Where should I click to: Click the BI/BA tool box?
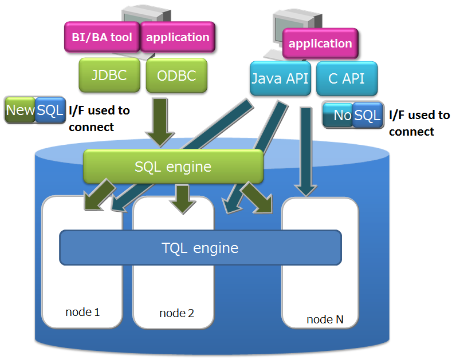pyautogui.click(x=102, y=38)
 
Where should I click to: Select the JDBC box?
pyautogui.click(x=109, y=75)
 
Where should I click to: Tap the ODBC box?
pyautogui.click(x=175, y=75)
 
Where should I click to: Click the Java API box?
pyautogui.click(x=280, y=78)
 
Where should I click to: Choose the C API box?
pyautogui.click(x=347, y=78)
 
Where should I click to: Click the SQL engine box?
pyautogui.click(x=173, y=167)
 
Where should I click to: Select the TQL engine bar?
pyautogui.click(x=200, y=248)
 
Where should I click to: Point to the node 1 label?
pyautogui.click(x=82, y=312)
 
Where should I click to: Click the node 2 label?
pyautogui.click(x=176, y=313)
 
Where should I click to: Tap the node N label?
pyautogui.click(x=325, y=319)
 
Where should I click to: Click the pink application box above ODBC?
pyautogui.click(x=178, y=38)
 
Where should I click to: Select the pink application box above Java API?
pyautogui.click(x=320, y=44)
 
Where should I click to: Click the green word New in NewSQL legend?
pyautogui.click(x=21, y=110)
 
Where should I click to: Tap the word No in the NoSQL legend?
pyautogui.click(x=341, y=116)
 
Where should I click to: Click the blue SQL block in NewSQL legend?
pyautogui.click(x=50, y=110)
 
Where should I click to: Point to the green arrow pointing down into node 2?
pyautogui.click(x=183, y=198)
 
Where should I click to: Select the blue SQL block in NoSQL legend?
pyautogui.click(x=367, y=116)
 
